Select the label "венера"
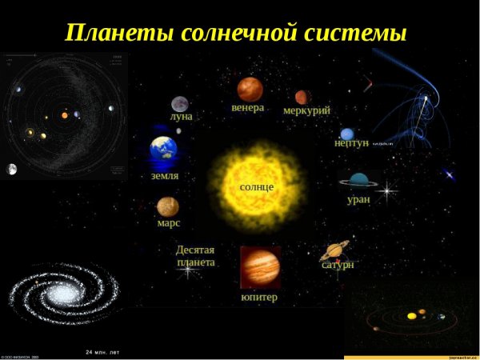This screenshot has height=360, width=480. pos(248,107)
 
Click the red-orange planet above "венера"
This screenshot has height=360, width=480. pos(250,88)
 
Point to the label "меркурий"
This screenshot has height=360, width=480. pos(306,110)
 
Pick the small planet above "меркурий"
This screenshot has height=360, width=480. pos(302,97)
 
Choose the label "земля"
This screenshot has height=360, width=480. pos(165,175)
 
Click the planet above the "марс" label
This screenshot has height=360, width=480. pos(168,207)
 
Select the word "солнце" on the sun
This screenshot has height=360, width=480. pos(257,186)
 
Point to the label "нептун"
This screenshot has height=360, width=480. pos(351,142)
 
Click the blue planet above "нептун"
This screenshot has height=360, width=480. pos(346,134)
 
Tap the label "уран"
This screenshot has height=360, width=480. pos(358,198)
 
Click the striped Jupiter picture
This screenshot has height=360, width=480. pos(261,267)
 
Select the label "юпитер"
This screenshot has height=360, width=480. pos(259,298)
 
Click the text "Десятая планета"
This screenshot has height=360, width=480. pos(195,256)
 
